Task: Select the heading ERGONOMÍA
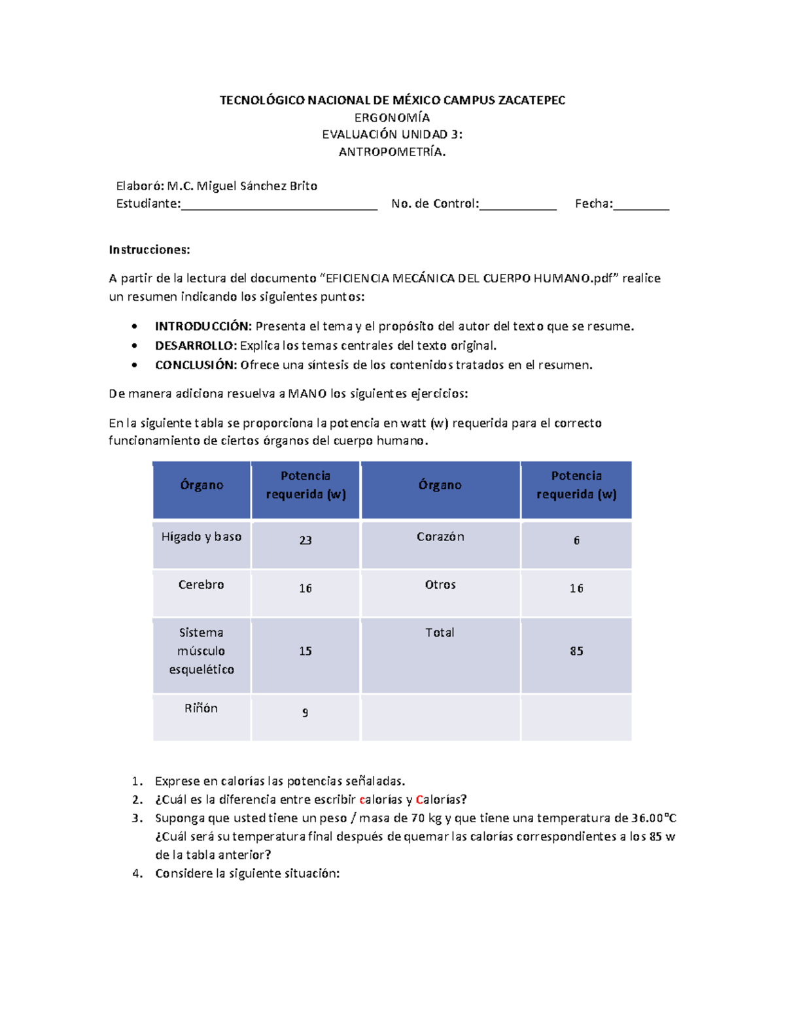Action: click(392, 118)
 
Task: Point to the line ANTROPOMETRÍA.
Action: click(392, 152)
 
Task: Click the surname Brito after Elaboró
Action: click(304, 186)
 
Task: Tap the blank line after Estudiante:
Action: click(279, 205)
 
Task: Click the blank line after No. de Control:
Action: click(517, 205)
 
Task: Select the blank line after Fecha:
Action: click(641, 205)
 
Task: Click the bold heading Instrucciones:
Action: click(149, 250)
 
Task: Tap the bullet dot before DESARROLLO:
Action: click(135, 346)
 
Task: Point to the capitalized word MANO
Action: click(307, 393)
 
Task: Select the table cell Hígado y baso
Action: click(201, 537)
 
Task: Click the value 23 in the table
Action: click(305, 541)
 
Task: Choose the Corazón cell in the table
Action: click(440, 537)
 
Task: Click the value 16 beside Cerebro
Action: click(305, 588)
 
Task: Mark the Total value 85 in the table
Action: click(576, 651)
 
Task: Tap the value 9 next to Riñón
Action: click(305, 712)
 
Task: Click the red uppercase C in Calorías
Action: click(419, 799)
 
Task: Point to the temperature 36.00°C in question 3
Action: click(654, 818)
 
